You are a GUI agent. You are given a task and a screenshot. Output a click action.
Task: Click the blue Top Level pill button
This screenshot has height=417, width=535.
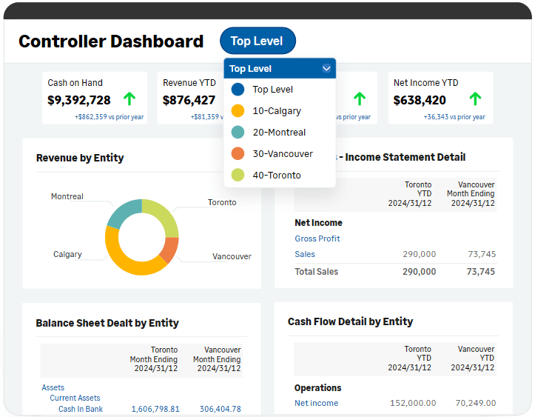coord(257,41)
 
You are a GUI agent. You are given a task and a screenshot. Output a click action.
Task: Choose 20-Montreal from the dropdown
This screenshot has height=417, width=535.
coord(278,133)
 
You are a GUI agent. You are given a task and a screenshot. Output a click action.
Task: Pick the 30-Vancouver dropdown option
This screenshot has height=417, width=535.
coord(282,154)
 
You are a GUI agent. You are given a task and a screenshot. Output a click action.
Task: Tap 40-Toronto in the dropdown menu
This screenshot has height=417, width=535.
coord(276,176)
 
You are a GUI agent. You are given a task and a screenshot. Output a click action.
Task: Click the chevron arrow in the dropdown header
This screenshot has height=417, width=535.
coord(326,69)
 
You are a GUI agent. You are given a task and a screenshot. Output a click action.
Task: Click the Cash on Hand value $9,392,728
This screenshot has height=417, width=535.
coord(79,100)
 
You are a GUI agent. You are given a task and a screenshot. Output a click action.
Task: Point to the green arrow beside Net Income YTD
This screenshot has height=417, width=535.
coord(475,99)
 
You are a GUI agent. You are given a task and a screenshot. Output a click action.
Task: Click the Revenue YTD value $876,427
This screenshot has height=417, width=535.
coord(189,100)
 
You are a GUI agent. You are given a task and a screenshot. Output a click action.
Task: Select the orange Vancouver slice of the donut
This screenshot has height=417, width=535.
coord(169,249)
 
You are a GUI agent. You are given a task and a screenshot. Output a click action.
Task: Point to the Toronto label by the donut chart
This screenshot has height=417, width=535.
coord(222,202)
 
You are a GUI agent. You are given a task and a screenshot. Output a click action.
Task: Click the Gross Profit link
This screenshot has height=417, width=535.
coord(317,238)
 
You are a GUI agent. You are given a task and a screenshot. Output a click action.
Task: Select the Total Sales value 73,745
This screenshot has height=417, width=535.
coord(481,272)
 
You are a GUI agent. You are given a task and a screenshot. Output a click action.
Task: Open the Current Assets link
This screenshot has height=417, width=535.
coord(75,398)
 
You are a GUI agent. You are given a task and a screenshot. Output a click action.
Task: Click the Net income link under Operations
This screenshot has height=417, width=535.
coord(316,403)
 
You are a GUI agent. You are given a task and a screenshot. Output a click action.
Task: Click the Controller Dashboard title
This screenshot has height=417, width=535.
coord(111,41)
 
